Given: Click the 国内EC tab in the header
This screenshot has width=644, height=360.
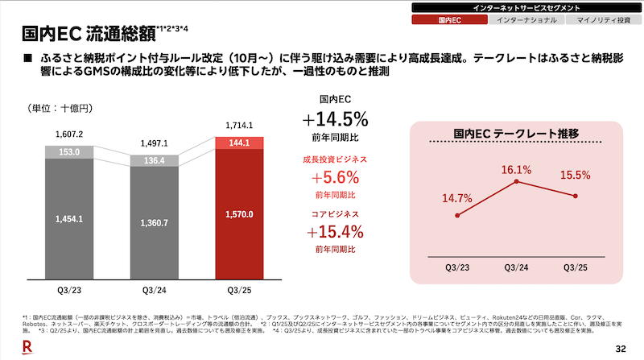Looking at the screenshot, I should point(449,19).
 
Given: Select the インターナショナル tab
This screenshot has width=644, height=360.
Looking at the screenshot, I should point(523,19).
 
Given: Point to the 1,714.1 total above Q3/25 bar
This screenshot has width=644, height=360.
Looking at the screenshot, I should point(241,126).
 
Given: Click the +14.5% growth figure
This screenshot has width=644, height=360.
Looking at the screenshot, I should point(336,119).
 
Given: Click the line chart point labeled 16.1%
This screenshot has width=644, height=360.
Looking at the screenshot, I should point(515,183).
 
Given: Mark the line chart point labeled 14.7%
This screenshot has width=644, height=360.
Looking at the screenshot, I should point(457,215).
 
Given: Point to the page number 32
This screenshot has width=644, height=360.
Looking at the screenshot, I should point(620,348).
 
